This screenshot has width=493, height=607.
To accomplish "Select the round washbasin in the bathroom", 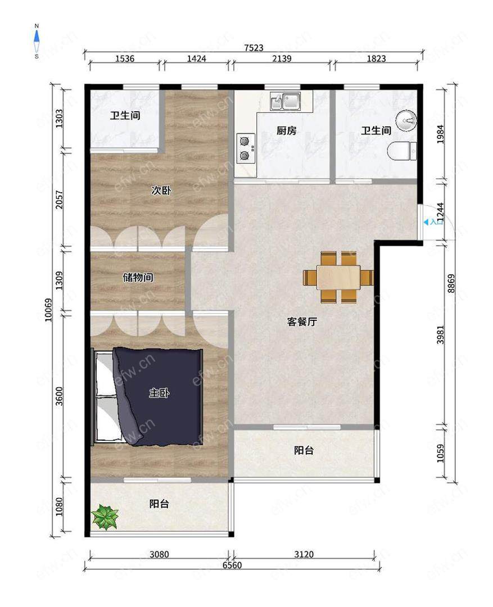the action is coord(406,121).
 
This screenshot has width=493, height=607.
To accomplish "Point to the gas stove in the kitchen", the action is coord(245,147).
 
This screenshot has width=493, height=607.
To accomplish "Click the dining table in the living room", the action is coord(338,277).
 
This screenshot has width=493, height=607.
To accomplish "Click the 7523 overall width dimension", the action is coord(254,48).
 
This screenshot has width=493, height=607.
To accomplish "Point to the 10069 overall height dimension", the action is coord(48,310).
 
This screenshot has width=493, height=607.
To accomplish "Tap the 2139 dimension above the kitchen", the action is coord(282,58).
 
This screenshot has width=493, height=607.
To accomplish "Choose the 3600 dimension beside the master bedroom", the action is coord(59,396).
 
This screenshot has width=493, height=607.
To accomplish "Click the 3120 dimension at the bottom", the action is coord(304,554).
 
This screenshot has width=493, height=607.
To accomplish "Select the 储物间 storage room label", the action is coord(138,277).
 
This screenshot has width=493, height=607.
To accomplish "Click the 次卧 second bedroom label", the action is coord(161,190).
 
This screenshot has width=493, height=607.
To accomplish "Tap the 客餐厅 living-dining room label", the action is coord(302,321).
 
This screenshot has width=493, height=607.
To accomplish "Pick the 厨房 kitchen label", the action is coord(286,130).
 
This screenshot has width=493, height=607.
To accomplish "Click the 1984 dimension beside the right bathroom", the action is coord(440,134).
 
